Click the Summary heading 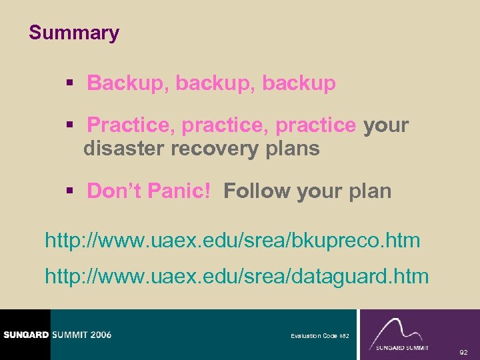coord(74,33)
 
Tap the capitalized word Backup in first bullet coord(129,84)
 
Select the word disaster coord(125,149)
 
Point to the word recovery coord(214,149)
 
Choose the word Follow coord(257,191)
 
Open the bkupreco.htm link coord(232,240)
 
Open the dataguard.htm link coord(237,276)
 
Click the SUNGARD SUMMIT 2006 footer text coord(56,335)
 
